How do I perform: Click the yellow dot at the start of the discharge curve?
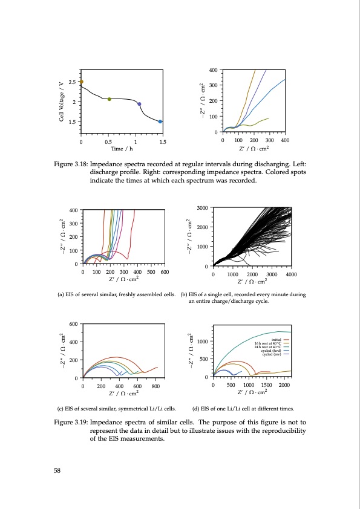click(82, 82)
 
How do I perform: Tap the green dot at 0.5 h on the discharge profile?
click(109, 99)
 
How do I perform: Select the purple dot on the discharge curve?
click(140, 104)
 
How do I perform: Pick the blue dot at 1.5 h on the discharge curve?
click(160, 122)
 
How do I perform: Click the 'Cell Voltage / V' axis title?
click(62, 101)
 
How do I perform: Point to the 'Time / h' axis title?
click(121, 148)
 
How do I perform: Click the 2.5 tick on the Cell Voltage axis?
click(73, 82)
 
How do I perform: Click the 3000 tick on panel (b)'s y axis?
click(203, 208)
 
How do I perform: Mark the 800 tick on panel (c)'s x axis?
click(155, 385)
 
